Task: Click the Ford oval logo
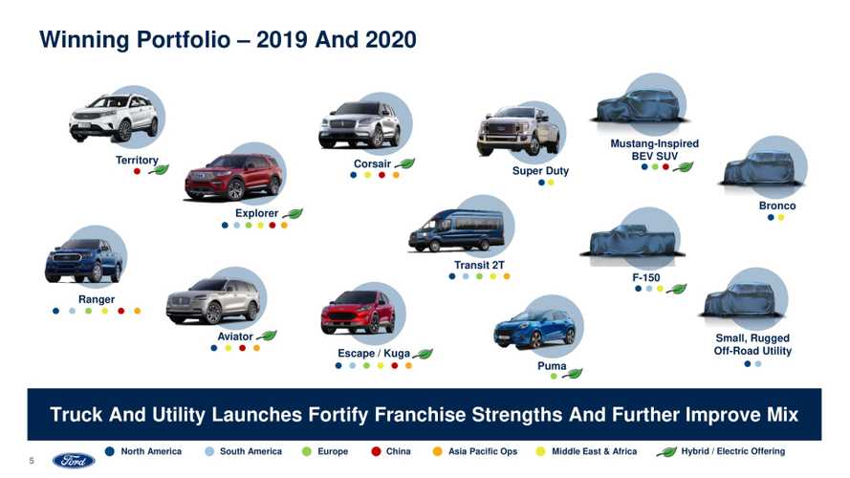tap(74, 460)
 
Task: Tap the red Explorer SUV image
tap(233, 177)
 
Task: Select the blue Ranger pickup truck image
tap(84, 260)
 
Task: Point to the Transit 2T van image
tap(456, 230)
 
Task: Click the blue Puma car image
tap(534, 330)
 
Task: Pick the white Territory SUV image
tap(113, 119)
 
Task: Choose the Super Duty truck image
tap(518, 132)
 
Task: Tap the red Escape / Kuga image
tap(358, 312)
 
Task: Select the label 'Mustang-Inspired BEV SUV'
tap(654, 150)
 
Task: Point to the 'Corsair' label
tap(372, 163)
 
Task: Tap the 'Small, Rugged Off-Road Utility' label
tap(752, 344)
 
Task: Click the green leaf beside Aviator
tap(266, 337)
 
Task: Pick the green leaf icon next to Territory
tap(158, 170)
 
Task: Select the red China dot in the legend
tap(375, 451)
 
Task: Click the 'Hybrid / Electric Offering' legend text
tap(733, 451)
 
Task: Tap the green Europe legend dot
tap(306, 451)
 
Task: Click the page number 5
tap(32, 461)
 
